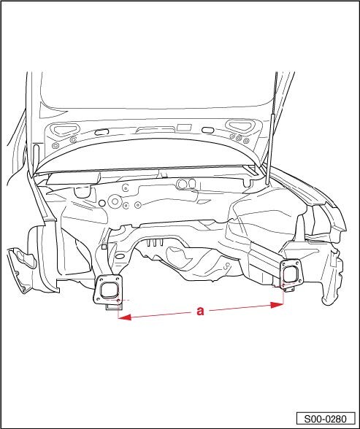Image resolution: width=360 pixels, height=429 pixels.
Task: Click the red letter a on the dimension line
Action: click(200, 311)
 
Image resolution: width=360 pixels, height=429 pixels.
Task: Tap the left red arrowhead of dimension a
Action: click(124, 317)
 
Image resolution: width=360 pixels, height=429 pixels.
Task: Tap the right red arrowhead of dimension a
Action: click(277, 305)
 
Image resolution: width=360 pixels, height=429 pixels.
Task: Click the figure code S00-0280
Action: click(326, 419)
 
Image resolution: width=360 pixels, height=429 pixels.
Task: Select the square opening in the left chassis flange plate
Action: click(110, 290)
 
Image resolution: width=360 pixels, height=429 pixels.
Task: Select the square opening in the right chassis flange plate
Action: click(291, 274)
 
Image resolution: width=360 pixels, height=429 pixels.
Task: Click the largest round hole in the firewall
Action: click(115, 201)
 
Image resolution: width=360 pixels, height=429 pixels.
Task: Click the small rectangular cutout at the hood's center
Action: click(184, 127)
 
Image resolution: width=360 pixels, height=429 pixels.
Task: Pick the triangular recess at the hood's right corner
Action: click(238, 126)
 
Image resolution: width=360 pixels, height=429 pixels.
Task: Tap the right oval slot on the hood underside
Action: click(207, 130)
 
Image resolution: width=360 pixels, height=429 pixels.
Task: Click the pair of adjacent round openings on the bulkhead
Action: click(186, 184)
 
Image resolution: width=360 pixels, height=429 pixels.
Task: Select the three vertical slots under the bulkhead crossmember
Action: click(154, 243)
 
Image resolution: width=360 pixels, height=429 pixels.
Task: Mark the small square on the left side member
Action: click(104, 247)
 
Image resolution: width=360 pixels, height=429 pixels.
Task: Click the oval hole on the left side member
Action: click(120, 256)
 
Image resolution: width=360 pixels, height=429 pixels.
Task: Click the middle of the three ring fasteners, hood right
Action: click(239, 138)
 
